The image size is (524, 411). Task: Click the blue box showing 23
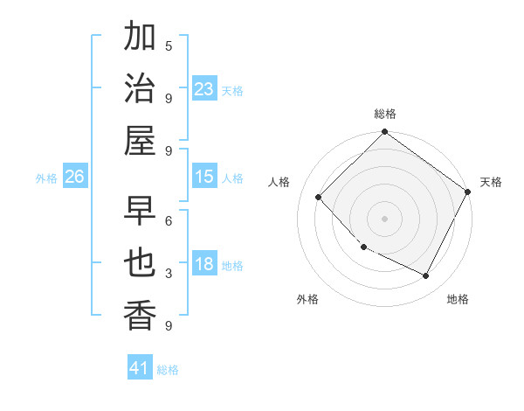point(204,88)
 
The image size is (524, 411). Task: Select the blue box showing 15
point(204,177)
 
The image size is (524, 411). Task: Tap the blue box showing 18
point(204,264)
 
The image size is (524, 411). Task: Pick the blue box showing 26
point(75,177)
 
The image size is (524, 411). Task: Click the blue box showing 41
point(141,368)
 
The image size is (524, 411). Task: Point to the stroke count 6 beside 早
point(169,220)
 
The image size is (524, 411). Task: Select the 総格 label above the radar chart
point(385,114)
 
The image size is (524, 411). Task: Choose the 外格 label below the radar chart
point(307,299)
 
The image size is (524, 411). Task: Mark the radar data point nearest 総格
point(384,133)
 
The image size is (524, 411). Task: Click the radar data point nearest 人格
point(319,197)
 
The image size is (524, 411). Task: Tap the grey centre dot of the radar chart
point(384,218)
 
